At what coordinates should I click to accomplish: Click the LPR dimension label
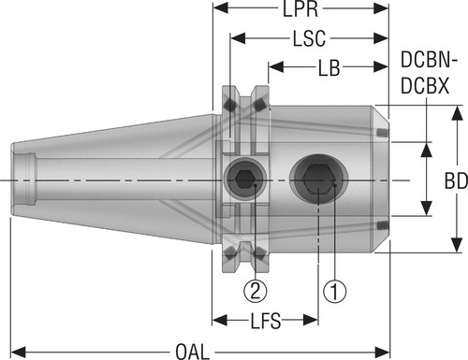click(x=300, y=9)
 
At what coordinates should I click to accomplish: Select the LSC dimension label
click(x=309, y=38)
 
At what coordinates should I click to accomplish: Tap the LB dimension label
click(x=329, y=67)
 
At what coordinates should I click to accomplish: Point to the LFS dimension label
click(x=266, y=321)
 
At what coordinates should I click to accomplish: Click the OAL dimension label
click(x=192, y=352)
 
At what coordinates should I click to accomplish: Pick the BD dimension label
click(x=456, y=180)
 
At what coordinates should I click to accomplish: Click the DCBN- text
click(x=429, y=60)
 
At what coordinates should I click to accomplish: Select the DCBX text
click(x=425, y=86)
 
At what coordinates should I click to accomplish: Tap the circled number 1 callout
click(x=334, y=291)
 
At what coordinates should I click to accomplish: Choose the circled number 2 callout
click(x=256, y=291)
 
